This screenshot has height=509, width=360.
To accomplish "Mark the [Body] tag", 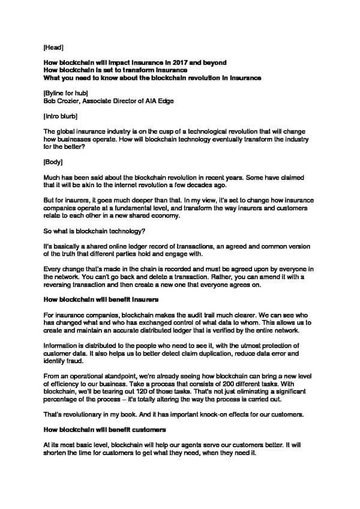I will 55,161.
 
